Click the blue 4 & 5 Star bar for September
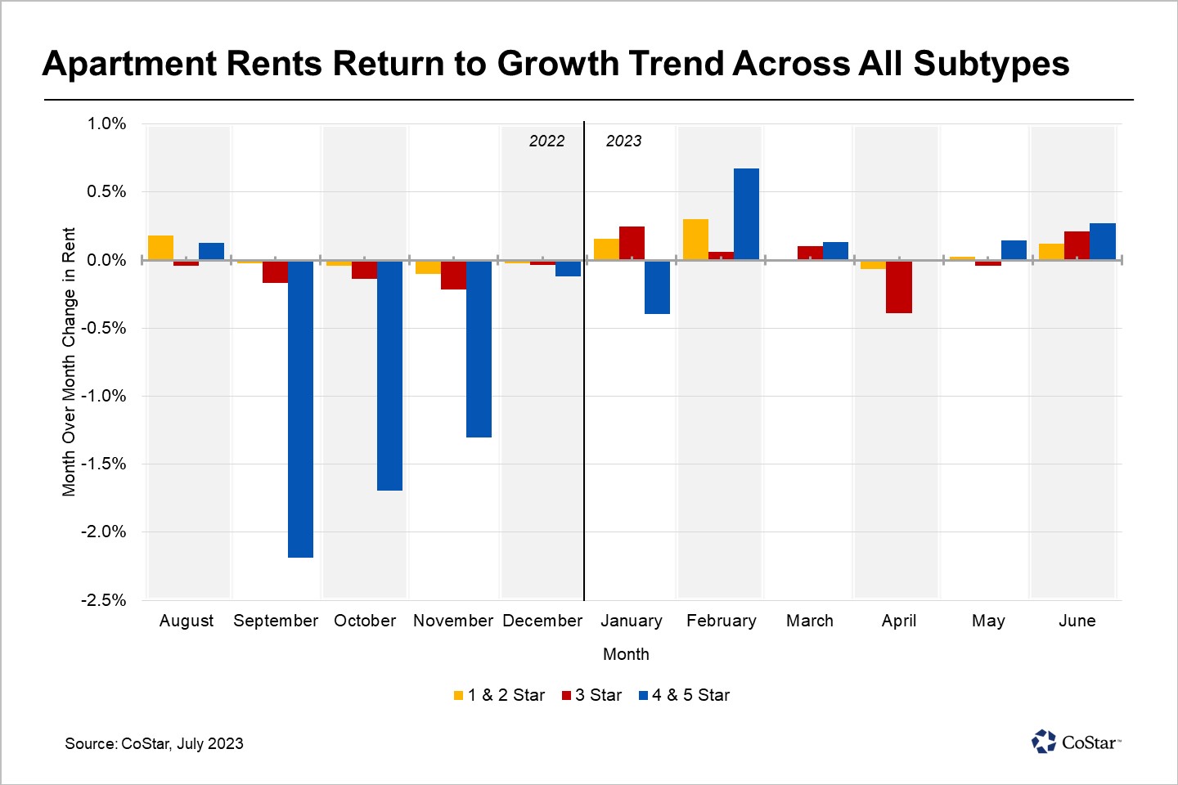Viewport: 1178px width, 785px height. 300,409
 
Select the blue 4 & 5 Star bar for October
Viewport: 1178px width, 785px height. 389,375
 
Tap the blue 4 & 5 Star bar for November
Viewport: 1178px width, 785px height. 479,348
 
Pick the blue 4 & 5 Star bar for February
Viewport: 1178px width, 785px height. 746,214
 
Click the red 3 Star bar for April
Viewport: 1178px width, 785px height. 898,286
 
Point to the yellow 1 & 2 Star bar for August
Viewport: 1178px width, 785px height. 160,248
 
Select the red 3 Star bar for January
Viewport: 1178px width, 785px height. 632,243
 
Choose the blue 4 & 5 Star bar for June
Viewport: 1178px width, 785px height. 1102,241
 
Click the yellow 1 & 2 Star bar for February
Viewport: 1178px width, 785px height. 695,240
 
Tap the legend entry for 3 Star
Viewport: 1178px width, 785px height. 591,695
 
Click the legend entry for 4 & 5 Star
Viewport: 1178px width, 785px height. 684,695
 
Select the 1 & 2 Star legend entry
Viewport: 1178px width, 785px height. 499,695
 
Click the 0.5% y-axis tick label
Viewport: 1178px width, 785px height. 106,191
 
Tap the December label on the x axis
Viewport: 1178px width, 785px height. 542,621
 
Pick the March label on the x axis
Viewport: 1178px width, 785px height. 809,621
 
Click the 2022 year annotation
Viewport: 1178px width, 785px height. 546,141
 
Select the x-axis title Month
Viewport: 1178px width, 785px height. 626,654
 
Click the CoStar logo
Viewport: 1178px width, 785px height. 1076,742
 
